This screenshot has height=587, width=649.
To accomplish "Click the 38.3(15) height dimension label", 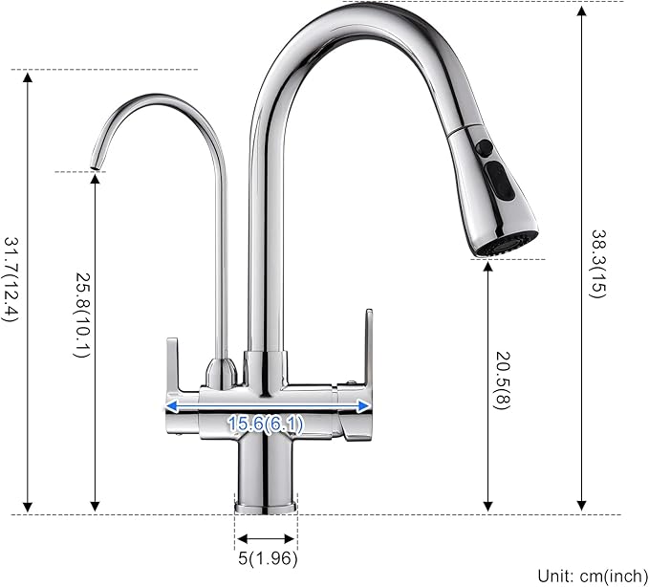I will [x=597, y=263].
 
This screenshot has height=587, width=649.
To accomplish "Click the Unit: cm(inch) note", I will [x=590, y=575].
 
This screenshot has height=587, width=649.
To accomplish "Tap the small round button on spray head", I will [x=485, y=148].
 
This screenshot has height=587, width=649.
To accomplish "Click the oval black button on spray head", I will [x=501, y=179].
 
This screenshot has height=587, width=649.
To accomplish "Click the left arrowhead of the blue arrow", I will [x=170, y=406].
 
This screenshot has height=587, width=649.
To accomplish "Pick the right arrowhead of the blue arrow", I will [x=366, y=405].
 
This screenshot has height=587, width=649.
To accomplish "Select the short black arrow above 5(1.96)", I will [x=267, y=537].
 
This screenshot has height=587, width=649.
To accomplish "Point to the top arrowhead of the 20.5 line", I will [x=488, y=266].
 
